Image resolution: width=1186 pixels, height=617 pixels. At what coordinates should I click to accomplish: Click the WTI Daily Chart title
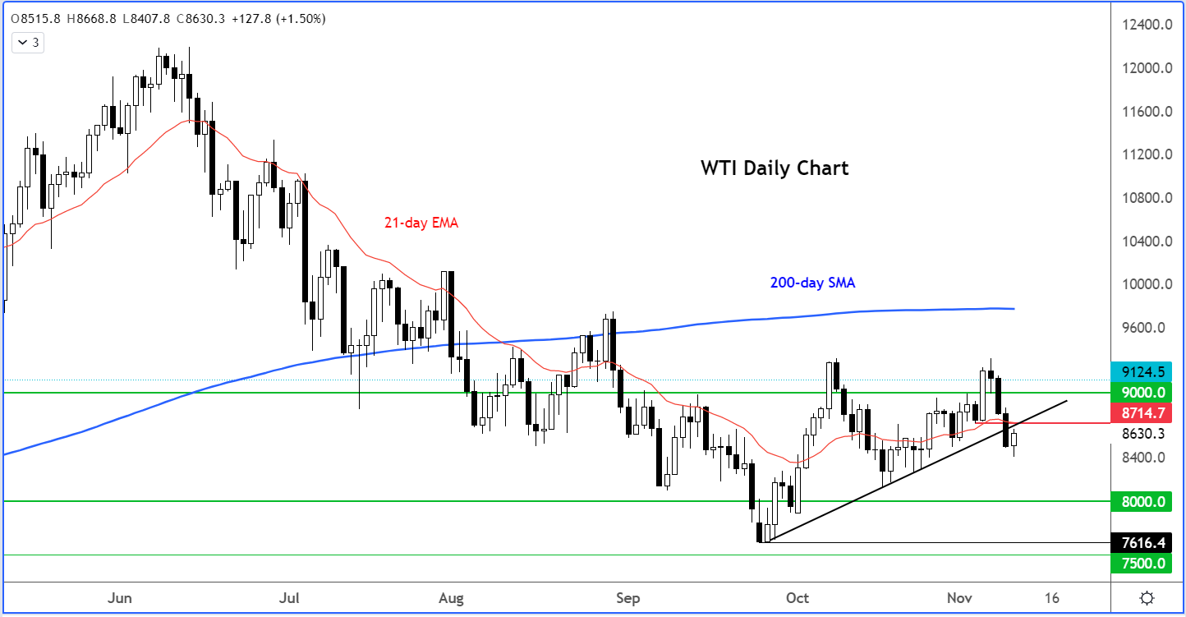pos(774,168)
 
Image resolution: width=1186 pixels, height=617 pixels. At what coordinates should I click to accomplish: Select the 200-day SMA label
pos(812,283)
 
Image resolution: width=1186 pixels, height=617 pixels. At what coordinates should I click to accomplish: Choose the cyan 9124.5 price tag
pos(1147,371)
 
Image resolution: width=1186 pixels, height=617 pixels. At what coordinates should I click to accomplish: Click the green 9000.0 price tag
pos(1147,393)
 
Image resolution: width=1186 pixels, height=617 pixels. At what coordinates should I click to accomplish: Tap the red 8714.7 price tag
pos(1147,414)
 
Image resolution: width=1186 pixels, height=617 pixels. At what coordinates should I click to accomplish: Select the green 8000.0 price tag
pos(1147,501)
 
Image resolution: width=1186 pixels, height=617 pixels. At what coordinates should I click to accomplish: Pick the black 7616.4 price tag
pos(1147,543)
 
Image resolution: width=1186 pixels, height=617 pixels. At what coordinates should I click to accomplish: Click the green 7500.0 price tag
pos(1147,564)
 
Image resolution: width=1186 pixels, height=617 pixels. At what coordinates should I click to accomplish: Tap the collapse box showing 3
pos(30,42)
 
